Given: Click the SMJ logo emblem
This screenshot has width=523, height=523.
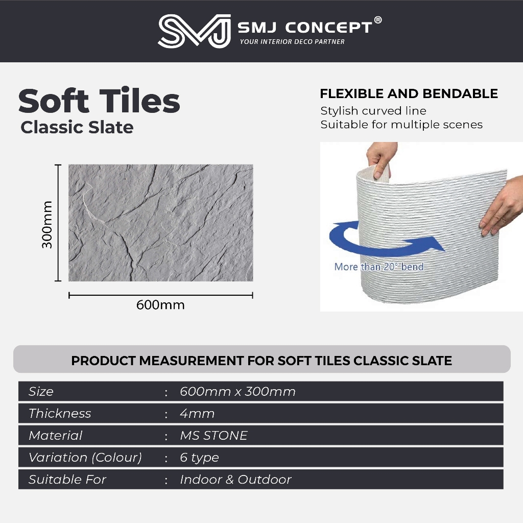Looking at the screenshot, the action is click(x=194, y=31).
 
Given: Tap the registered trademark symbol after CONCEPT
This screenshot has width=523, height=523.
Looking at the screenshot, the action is click(x=377, y=20).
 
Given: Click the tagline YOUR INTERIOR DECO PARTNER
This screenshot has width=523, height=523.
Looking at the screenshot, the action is click(x=292, y=42).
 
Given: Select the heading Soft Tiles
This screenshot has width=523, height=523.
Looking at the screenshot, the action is click(x=99, y=101).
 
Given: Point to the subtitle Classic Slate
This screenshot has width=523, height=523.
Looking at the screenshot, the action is click(x=77, y=127).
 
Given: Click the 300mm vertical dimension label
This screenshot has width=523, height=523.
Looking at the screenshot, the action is click(x=47, y=225).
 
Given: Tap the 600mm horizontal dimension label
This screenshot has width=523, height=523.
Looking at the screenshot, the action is click(x=160, y=305).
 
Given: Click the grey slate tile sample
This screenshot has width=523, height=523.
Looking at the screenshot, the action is click(x=161, y=223).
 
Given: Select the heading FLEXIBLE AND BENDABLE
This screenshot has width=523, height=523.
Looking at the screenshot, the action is click(x=409, y=94).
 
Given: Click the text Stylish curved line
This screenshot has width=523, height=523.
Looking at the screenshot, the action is click(x=373, y=111).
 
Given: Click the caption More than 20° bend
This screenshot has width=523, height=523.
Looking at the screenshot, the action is click(x=379, y=267).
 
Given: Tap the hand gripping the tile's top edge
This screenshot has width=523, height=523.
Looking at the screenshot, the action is click(x=380, y=159).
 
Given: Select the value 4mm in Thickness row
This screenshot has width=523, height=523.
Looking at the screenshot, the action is click(x=197, y=414).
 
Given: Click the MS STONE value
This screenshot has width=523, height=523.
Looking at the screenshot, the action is click(x=214, y=436).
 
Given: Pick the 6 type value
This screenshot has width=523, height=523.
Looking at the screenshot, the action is click(x=200, y=458).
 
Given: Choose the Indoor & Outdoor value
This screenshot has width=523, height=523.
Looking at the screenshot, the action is click(x=236, y=480).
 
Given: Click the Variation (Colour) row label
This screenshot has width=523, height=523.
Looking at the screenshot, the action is click(x=85, y=458).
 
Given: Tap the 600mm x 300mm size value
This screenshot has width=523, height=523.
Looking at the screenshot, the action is click(x=238, y=392).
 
